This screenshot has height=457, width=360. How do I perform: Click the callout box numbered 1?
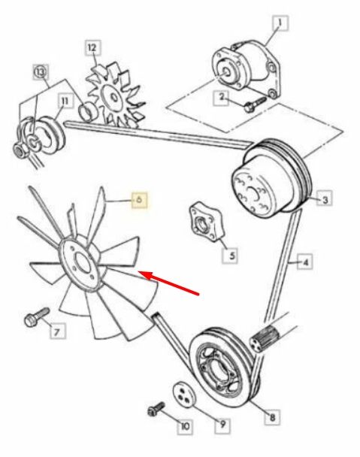point(280,23)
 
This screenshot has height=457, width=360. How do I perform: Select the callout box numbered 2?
point(222,98)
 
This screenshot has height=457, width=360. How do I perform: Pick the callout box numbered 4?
point(305,262)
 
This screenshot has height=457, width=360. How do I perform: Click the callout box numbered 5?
point(230,256)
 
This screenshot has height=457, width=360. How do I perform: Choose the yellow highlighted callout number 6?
point(139,200)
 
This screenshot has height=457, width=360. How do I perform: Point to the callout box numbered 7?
point(58,331)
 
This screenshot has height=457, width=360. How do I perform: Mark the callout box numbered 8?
point(273,417)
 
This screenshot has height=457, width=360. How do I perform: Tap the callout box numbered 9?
point(222,425)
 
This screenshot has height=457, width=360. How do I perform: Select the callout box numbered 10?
point(185,426)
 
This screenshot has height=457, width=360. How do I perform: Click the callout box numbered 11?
point(65,101)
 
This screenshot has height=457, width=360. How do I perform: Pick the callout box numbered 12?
point(92,48)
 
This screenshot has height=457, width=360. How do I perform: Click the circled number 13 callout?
point(41,71)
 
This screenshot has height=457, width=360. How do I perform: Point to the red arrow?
point(168,283)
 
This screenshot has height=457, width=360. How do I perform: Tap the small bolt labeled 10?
point(156,409)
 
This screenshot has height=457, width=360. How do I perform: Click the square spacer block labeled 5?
point(207,222)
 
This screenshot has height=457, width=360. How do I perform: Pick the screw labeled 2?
point(255,104)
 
